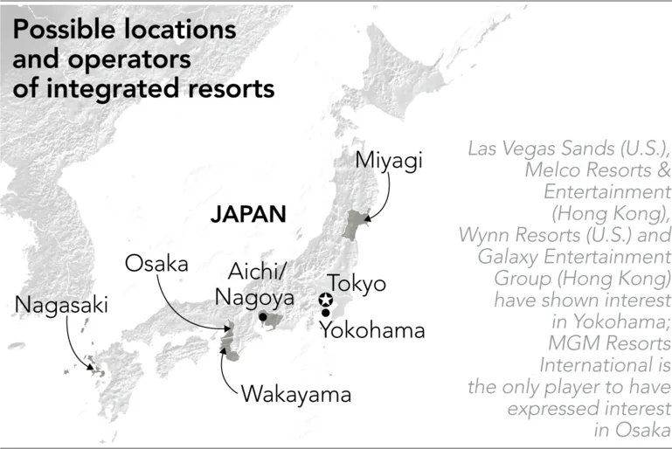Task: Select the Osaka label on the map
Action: point(156,264)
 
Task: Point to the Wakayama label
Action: point(295,394)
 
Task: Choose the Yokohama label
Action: point(371,329)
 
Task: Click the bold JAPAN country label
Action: point(248,214)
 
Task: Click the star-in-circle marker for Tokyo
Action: point(326,300)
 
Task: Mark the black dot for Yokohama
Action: point(326,313)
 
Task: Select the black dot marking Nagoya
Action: point(262,316)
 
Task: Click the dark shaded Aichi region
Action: point(272,326)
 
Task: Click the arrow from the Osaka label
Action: point(192,301)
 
